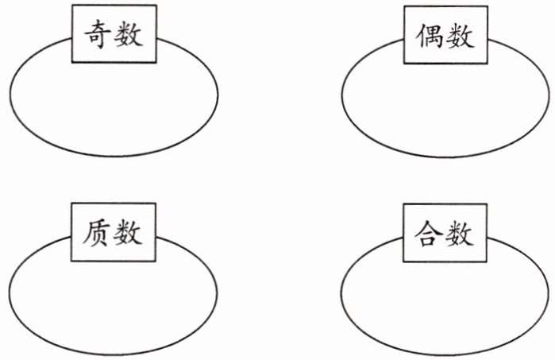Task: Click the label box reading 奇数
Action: (x=114, y=34)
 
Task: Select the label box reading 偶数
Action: (x=446, y=35)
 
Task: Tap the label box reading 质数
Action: (x=114, y=232)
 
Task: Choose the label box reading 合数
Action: (x=445, y=233)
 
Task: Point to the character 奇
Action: (x=97, y=34)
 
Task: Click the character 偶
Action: (x=430, y=36)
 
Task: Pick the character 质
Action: (x=96, y=232)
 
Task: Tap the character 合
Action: (x=429, y=233)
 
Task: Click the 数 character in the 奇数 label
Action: (x=129, y=34)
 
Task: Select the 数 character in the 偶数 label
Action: (x=460, y=36)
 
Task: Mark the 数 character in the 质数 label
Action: (x=128, y=232)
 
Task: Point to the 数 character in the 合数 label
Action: (x=460, y=233)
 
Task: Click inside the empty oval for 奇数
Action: (x=114, y=106)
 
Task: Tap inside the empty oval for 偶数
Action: (x=445, y=107)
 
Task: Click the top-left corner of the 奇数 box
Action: (x=71, y=5)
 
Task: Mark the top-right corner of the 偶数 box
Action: (x=488, y=6)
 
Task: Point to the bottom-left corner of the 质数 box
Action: (x=71, y=261)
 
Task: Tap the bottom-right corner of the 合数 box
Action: (x=488, y=262)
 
